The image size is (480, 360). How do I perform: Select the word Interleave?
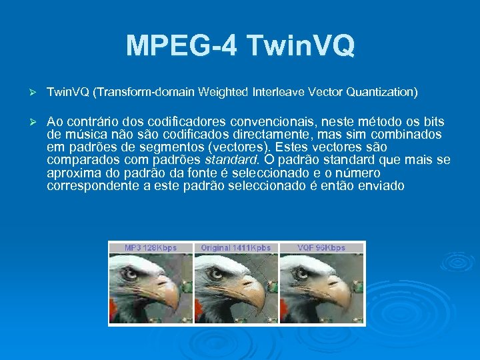pyautogui.click(x=281, y=92)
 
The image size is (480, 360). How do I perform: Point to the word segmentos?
pyautogui.click(x=169, y=147)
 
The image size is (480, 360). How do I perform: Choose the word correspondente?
pyautogui.click(x=93, y=185)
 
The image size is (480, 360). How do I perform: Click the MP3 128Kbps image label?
pyautogui.click(x=151, y=248)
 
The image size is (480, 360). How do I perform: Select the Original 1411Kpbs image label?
pyautogui.click(x=236, y=248)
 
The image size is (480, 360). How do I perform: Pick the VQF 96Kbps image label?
pyautogui.click(x=321, y=248)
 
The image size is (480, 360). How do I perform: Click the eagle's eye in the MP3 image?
pyautogui.click(x=129, y=273)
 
